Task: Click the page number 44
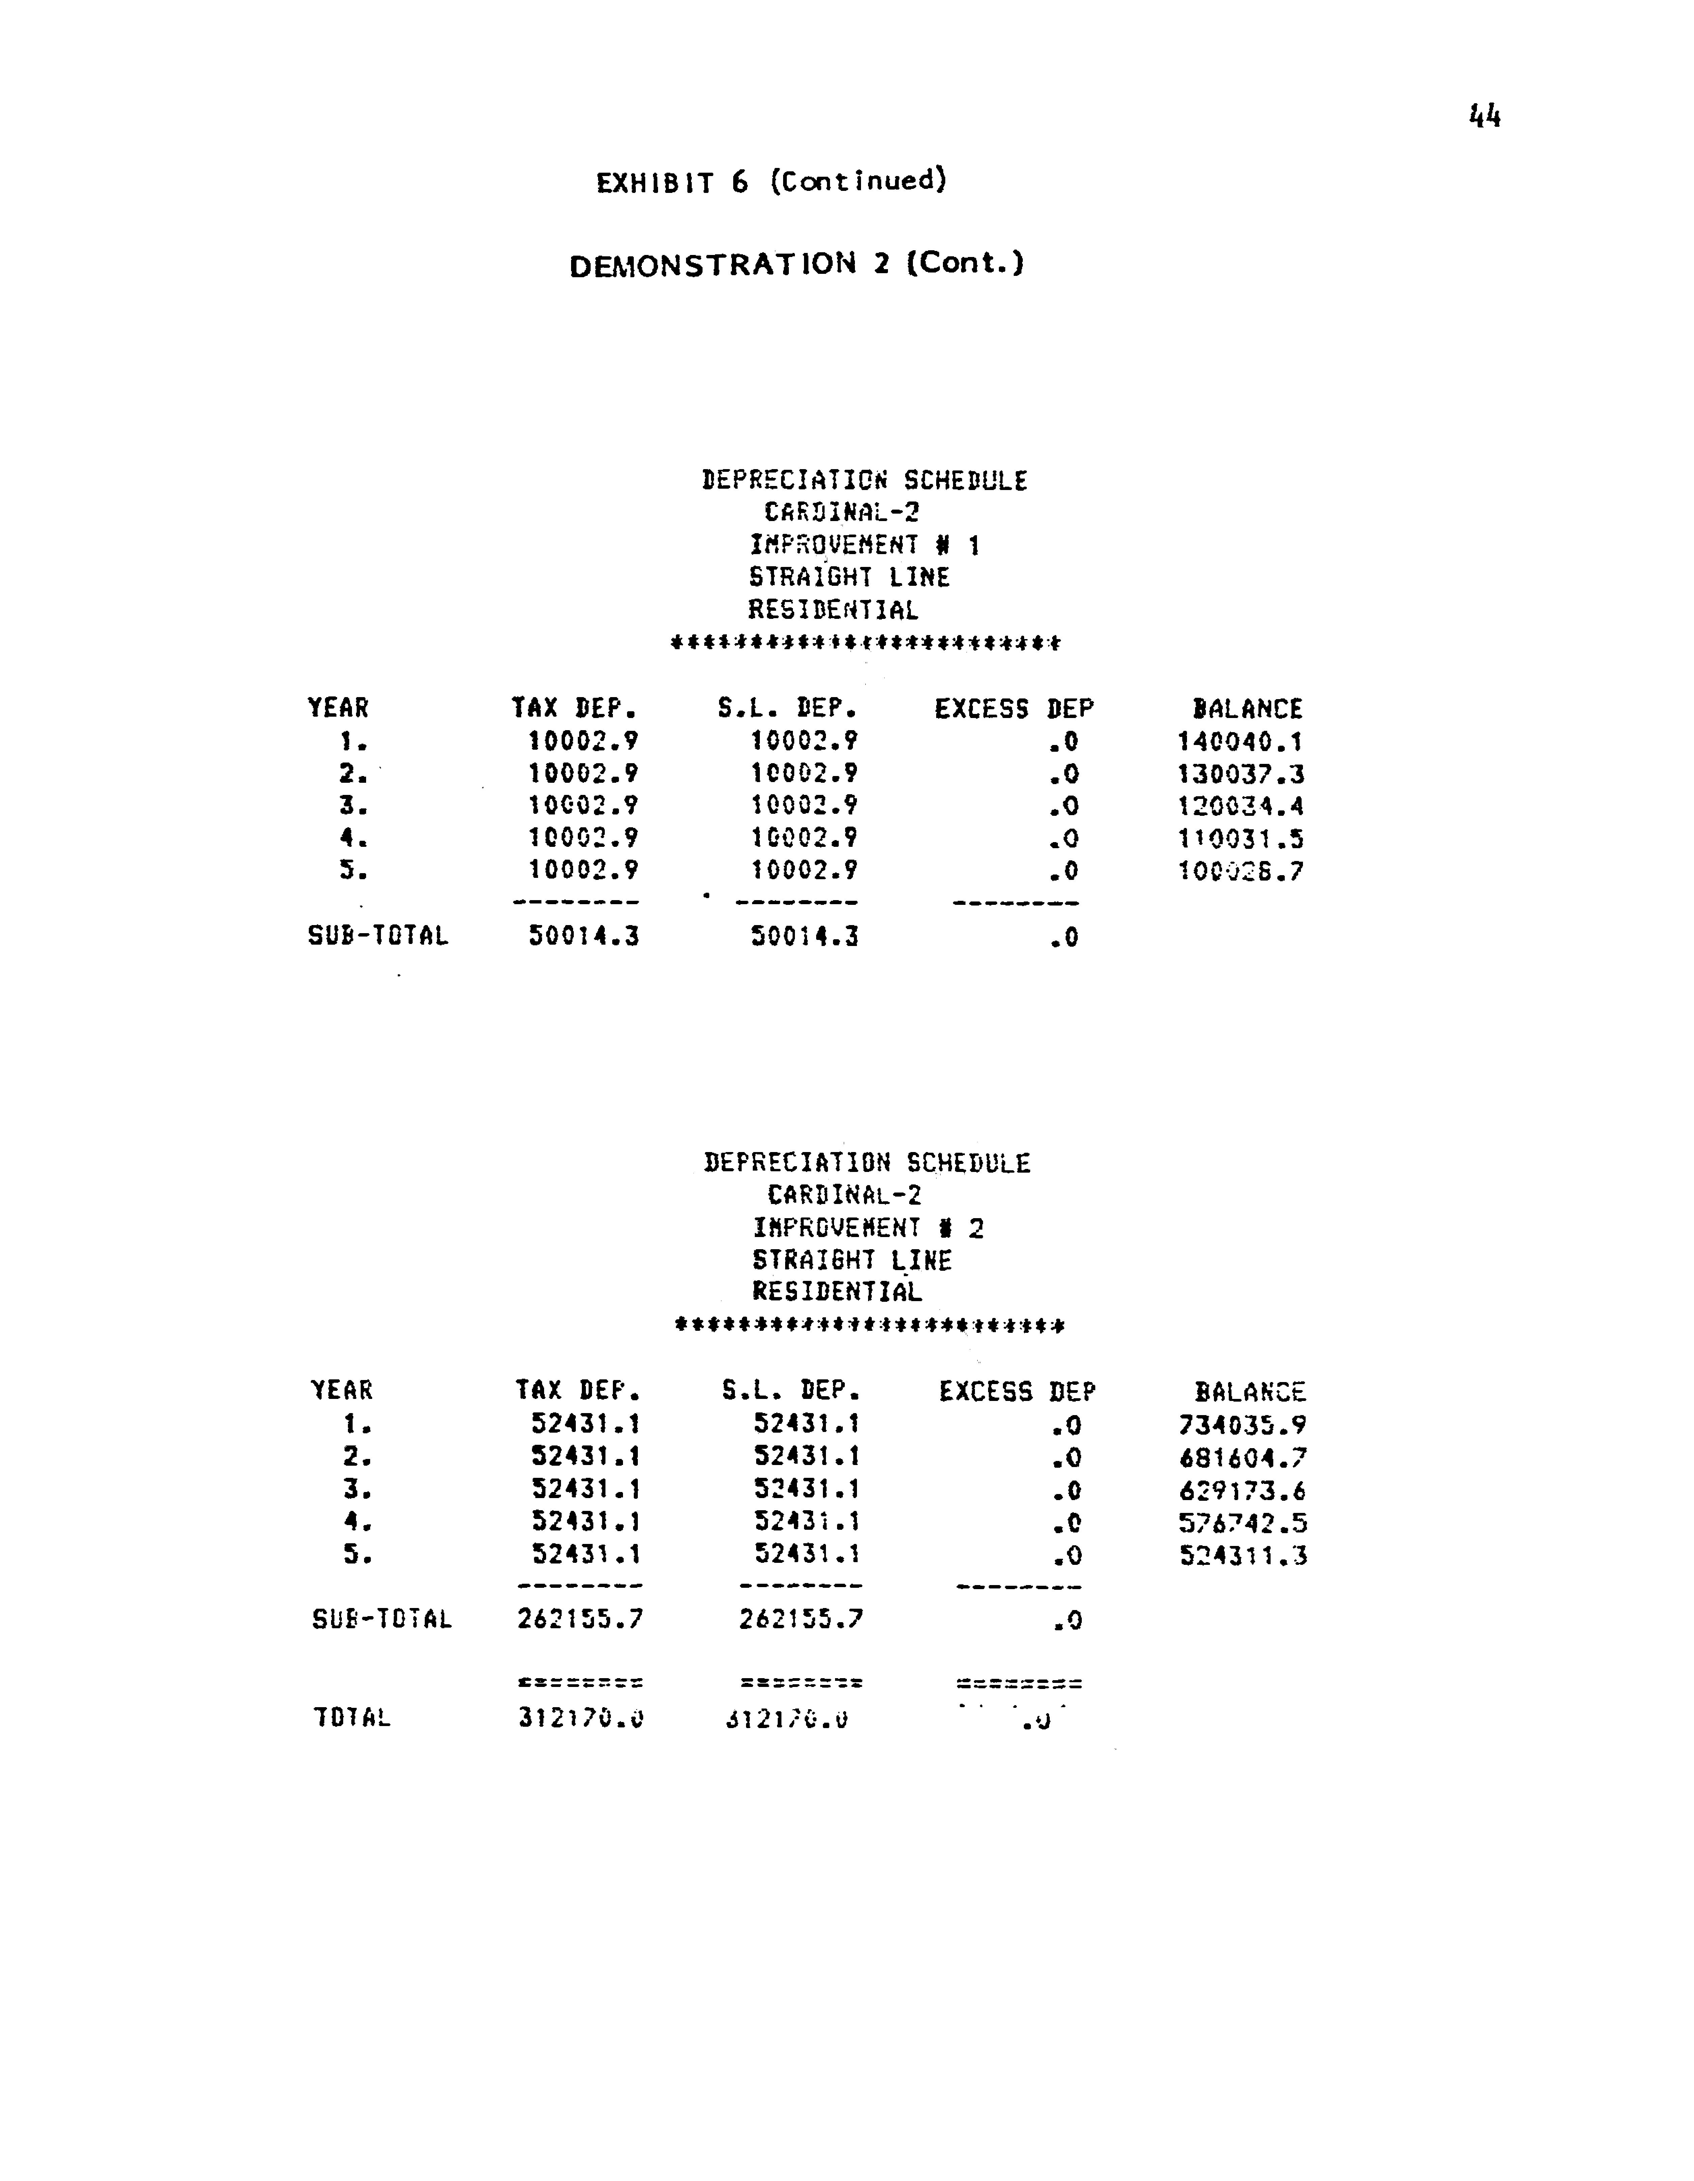click(x=1484, y=117)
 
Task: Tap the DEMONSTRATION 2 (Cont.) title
click(x=796, y=265)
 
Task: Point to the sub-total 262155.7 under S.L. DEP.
click(x=801, y=1620)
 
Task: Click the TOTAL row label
click(x=351, y=1718)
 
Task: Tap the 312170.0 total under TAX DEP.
click(x=580, y=1718)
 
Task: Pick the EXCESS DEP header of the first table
click(x=1013, y=709)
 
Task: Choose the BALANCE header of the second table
click(x=1250, y=1392)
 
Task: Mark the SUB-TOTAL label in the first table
click(x=377, y=937)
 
